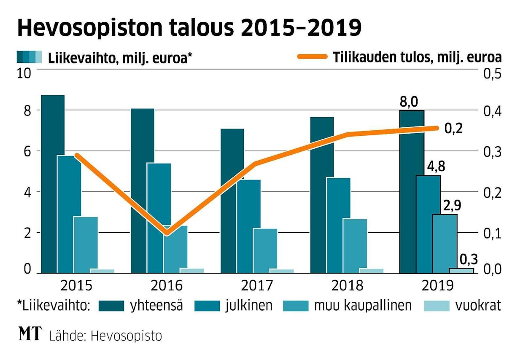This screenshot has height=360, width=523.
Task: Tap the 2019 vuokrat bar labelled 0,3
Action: coord(461,271)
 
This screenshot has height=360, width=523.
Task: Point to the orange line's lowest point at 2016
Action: coord(167,233)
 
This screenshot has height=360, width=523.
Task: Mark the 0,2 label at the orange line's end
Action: coord(453,128)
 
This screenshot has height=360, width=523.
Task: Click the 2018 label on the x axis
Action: coord(347,285)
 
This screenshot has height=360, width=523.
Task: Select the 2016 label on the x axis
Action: coord(167,285)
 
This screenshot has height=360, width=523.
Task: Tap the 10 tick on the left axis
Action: coord(24,73)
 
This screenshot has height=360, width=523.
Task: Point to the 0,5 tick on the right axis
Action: coord(491,74)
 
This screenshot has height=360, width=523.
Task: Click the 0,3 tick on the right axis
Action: coord(491,152)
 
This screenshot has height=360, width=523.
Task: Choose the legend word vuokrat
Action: coord(478,305)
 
